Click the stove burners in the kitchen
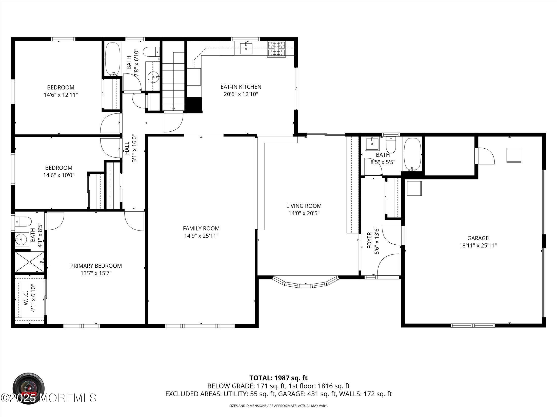(x=276, y=49)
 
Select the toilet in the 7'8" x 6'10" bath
(x=151, y=52)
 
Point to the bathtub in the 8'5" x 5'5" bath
(x=413, y=155)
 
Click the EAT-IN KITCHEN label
(x=241, y=87)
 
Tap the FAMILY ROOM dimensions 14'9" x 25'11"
(x=201, y=236)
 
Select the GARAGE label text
(x=478, y=238)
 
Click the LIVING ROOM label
(x=304, y=206)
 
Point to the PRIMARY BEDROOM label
(x=96, y=266)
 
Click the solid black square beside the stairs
(x=194, y=104)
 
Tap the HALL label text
(x=127, y=148)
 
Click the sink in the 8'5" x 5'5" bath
(x=372, y=144)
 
